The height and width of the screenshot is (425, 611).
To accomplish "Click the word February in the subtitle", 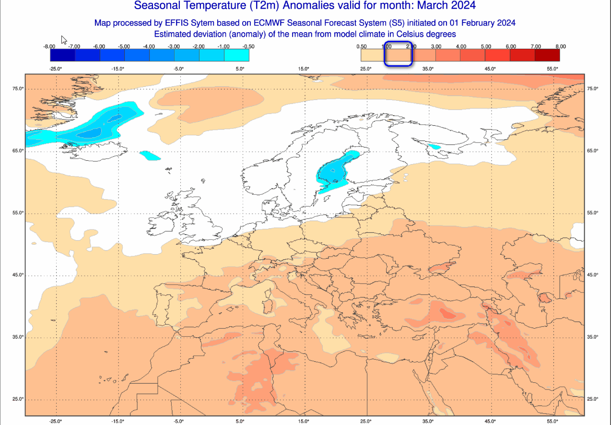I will click(x=471, y=23).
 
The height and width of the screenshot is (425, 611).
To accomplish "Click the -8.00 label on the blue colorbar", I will click(x=49, y=47).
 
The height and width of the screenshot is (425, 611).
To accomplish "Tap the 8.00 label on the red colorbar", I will click(x=560, y=47).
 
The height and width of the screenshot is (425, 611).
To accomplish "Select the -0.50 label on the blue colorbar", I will click(x=248, y=47).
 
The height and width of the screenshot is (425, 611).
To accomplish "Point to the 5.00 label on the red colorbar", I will click(x=486, y=47).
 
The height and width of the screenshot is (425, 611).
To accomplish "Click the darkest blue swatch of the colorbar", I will click(x=62, y=56).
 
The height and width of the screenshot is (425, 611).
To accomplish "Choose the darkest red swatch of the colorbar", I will click(x=547, y=56).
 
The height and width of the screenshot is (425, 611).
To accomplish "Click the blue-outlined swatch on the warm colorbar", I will click(x=398, y=56).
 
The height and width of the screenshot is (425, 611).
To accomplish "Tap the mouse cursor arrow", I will click(x=64, y=40).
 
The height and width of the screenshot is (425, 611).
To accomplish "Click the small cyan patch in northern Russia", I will click(x=435, y=147).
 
